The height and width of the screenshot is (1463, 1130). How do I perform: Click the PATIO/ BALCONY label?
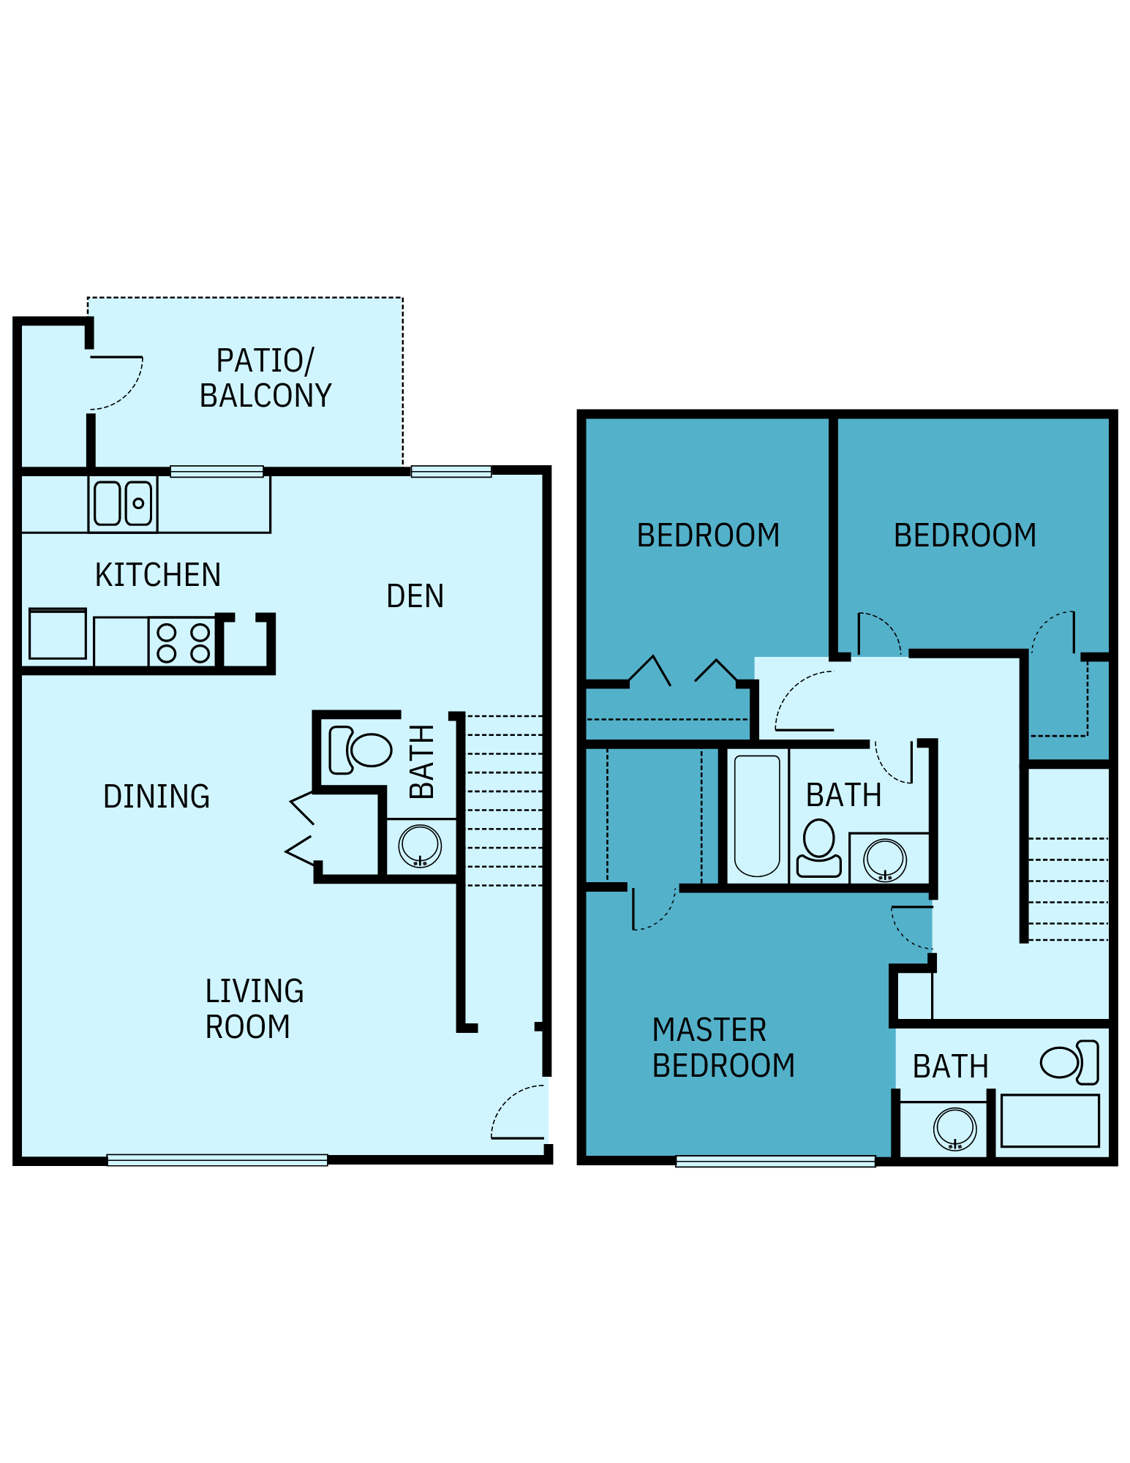pyautogui.click(x=265, y=378)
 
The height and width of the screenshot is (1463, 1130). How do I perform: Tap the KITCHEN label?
pyautogui.click(x=158, y=575)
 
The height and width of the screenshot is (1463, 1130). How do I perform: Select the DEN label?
pyautogui.click(x=415, y=596)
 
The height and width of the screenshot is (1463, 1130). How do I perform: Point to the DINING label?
pyautogui.click(x=157, y=797)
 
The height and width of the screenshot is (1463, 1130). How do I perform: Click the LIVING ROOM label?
pyautogui.click(x=253, y=1009)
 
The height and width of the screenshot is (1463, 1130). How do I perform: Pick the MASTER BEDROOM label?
pyautogui.click(x=723, y=1048)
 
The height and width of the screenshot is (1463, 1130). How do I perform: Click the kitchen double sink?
pyautogui.click(x=123, y=503)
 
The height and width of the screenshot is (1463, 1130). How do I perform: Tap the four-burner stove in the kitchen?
pyautogui.click(x=183, y=642)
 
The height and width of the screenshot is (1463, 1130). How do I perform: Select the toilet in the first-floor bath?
pyautogui.click(x=361, y=750)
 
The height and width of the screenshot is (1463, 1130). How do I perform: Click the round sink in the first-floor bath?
pyautogui.click(x=420, y=846)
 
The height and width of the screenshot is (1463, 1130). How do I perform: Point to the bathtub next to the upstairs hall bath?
pyautogui.click(x=757, y=816)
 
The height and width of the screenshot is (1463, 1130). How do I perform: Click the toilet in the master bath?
pyautogui.click(x=1070, y=1062)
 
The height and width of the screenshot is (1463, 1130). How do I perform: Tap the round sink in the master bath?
pyautogui.click(x=954, y=1128)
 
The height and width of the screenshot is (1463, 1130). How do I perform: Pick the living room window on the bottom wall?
pyautogui.click(x=217, y=1159)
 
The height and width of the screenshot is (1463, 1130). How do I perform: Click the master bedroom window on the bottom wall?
pyautogui.click(x=775, y=1161)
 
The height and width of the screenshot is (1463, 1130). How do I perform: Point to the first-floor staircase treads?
pyautogui.click(x=505, y=801)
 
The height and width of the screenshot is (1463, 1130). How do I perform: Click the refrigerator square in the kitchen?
pyautogui.click(x=58, y=634)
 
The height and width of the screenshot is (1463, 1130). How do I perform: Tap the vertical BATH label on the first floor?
pyautogui.click(x=423, y=761)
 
